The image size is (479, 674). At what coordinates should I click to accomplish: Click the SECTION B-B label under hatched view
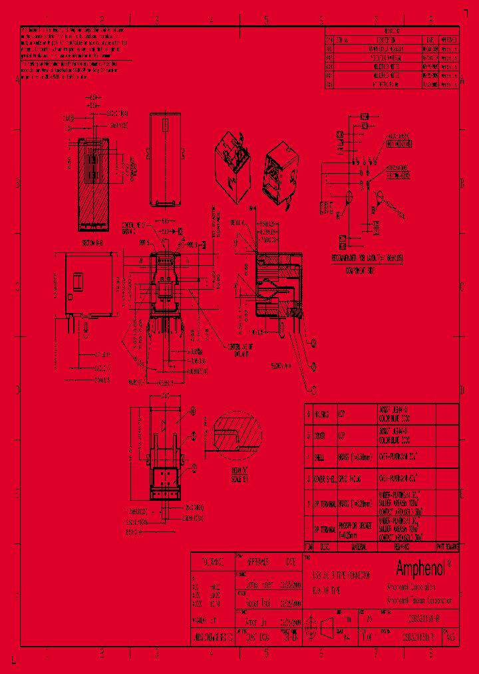[89, 244]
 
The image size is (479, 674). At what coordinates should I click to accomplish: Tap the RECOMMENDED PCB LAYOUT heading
[368, 258]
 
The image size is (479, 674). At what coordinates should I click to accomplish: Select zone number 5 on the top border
[266, 20]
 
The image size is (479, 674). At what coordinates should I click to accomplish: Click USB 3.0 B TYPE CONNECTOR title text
[341, 574]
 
